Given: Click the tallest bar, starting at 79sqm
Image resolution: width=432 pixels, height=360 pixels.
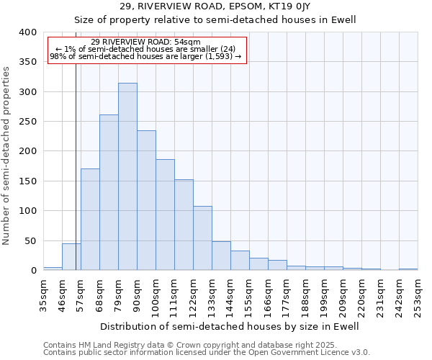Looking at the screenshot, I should coord(127,176).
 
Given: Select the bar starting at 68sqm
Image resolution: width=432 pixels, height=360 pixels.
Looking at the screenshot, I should coord(109,192).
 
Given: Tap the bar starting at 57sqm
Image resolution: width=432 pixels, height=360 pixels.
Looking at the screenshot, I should coord(90,220).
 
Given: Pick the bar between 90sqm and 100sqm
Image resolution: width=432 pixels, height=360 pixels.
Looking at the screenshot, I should coord(146,200).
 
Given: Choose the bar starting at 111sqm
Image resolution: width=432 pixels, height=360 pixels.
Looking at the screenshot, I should coord(184,225).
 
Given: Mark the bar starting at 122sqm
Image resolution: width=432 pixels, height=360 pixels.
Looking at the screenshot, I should coord(202,238).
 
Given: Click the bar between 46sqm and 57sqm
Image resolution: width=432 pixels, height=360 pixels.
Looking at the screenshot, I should coord(71,257).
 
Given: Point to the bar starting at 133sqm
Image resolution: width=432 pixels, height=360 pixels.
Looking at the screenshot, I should coord(221,256).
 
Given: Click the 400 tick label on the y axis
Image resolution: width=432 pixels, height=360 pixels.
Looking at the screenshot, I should coord(27,32).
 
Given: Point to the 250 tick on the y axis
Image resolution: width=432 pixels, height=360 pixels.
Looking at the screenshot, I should coord(27,122).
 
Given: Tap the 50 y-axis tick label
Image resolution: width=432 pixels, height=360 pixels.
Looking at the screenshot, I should coord(30,240).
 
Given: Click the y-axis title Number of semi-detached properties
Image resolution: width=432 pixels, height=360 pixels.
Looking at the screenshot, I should coord(6,155).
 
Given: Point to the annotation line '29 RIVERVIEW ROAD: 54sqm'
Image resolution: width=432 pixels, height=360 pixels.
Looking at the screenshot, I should coord(146,42).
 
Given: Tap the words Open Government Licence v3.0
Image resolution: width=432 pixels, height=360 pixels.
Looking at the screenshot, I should coord(310,353).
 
